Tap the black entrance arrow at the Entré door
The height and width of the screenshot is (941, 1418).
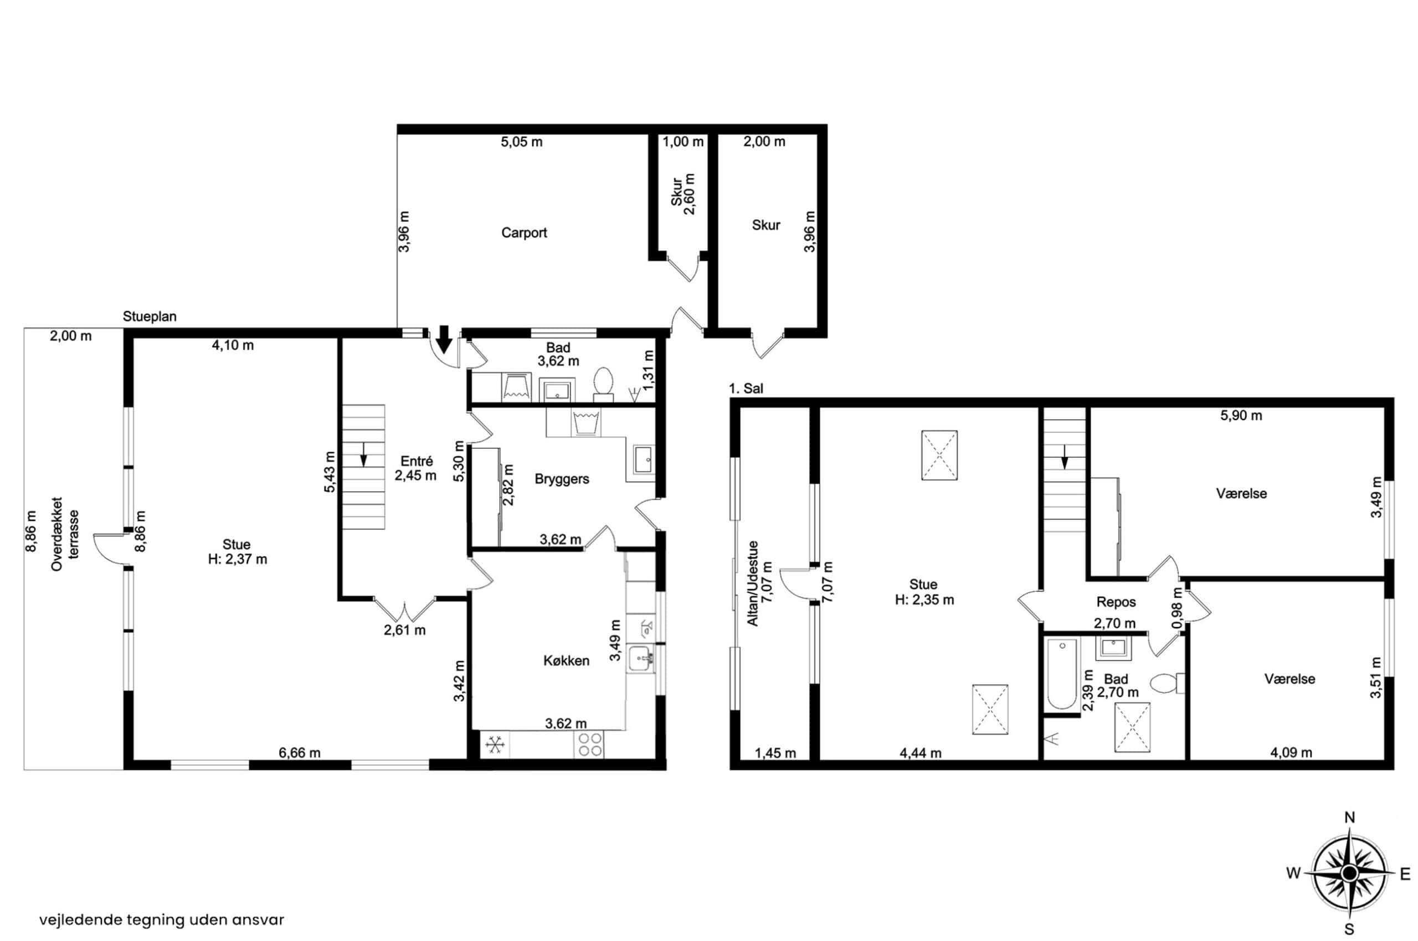444,339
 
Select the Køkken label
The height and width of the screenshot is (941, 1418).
566,661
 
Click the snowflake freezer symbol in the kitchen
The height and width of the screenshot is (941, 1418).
495,746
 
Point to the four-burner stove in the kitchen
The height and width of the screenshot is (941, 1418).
589,744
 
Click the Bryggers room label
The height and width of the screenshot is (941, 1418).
562,479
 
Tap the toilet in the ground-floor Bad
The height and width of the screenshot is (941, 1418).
603,384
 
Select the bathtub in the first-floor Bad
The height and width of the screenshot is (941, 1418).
1062,675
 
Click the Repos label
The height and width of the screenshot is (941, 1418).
1116,602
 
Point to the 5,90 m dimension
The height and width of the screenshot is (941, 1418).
1241,415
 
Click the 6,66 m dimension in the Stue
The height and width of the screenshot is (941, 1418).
299,753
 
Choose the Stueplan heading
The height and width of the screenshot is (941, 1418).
150,317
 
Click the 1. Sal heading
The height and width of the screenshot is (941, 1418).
746,388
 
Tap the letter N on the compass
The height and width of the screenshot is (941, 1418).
1349,818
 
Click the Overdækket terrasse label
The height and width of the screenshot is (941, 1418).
65,534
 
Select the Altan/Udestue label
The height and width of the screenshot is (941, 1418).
760,584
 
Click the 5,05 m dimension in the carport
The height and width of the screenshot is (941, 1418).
521,142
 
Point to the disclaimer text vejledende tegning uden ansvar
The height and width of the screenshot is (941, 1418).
162,920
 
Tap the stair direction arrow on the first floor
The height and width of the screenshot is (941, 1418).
1064,457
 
